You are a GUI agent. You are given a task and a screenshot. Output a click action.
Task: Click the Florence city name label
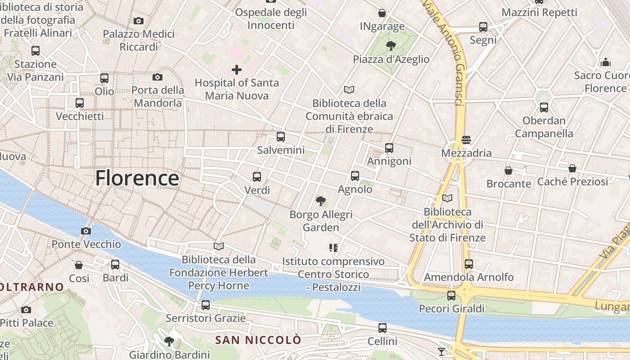click(x=137, y=178)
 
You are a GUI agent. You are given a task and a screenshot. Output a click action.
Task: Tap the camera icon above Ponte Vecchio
click(x=86, y=231)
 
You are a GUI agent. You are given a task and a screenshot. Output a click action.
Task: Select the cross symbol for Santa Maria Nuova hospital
click(x=237, y=70)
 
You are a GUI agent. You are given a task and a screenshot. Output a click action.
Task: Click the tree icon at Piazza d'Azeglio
click(x=391, y=45)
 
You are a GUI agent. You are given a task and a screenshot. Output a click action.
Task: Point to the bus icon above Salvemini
click(x=281, y=137)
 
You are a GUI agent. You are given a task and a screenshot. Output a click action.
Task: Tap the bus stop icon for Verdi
click(x=257, y=177)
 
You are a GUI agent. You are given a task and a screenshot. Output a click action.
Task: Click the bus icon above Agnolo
click(x=355, y=176)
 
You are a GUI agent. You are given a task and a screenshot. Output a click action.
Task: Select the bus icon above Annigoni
click(x=389, y=148)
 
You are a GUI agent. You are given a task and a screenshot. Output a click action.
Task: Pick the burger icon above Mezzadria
click(x=466, y=139)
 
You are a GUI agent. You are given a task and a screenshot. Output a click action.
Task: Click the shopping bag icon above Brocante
click(x=508, y=171)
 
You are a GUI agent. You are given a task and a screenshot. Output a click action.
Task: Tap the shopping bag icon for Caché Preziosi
click(x=572, y=168)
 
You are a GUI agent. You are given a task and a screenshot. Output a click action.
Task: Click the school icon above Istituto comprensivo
click(x=333, y=247)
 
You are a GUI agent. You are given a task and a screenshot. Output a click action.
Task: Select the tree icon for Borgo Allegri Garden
click(x=320, y=201)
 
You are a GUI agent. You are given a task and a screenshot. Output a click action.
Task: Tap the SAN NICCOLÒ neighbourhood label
click(x=258, y=340)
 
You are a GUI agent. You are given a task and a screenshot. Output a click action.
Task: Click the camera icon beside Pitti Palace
click(x=26, y=310)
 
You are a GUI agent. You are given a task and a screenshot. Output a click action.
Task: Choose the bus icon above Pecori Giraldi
click(x=451, y=296)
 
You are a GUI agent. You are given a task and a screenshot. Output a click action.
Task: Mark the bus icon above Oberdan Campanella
click(x=544, y=108)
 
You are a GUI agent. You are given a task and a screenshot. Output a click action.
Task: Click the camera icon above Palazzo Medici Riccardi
click(x=139, y=21)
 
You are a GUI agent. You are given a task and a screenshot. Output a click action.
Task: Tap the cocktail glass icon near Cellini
click(x=441, y=352)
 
